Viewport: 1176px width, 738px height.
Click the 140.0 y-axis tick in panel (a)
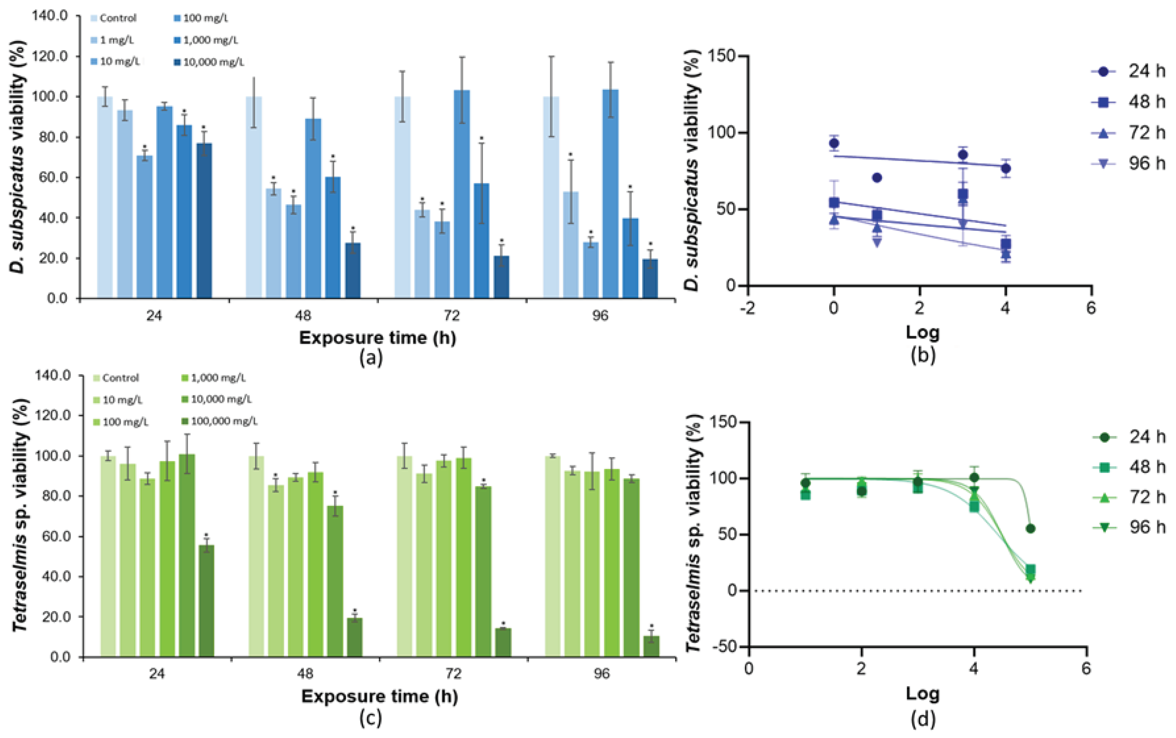coord(50,16)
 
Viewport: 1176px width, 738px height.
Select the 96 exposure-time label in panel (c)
coord(601,674)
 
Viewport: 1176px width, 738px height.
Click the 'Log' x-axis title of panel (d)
coord(922,694)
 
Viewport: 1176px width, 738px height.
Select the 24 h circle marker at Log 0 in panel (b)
coord(834,143)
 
